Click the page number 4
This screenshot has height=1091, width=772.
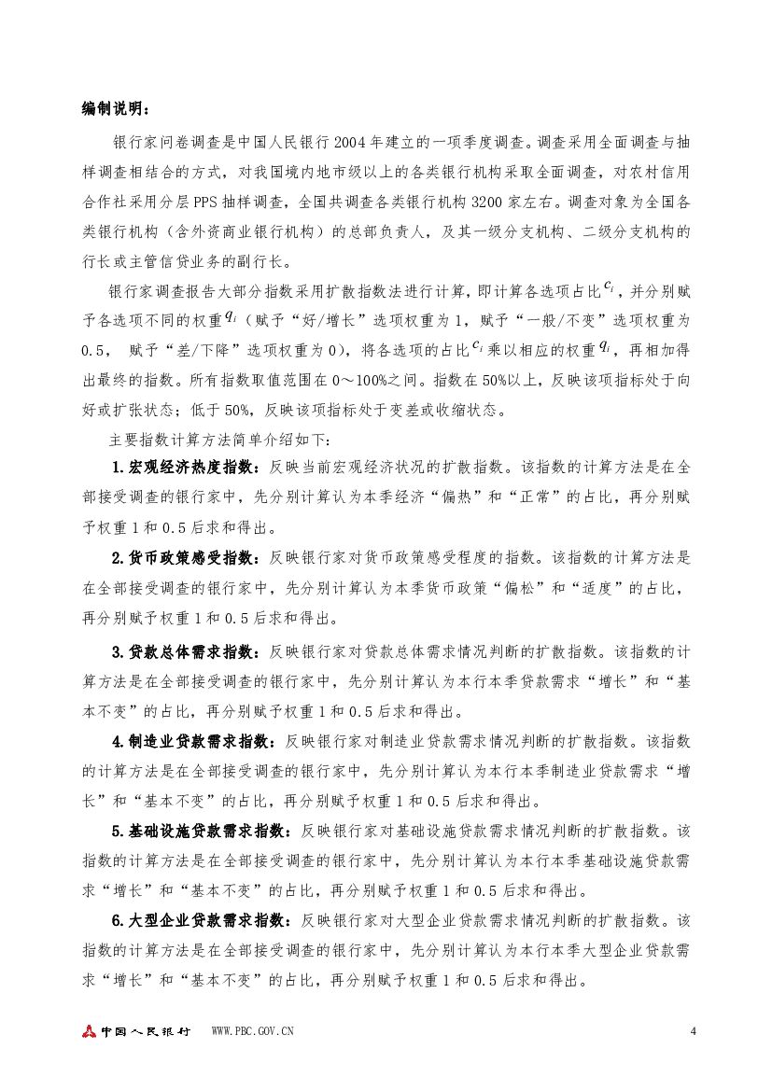(692, 1030)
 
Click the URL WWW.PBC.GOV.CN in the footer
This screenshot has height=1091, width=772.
(254, 1031)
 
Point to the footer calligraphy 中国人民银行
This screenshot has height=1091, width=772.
(146, 1031)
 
